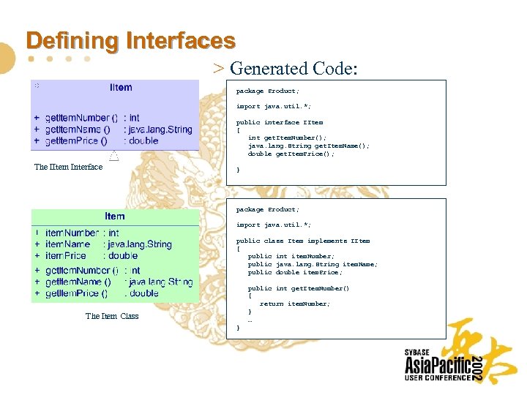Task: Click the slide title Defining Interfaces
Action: (x=130, y=40)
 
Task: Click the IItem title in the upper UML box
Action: (x=121, y=88)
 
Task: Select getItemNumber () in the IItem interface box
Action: (x=81, y=118)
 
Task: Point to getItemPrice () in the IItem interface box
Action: (x=76, y=141)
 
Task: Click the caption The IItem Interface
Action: (x=69, y=167)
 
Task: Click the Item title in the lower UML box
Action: (x=115, y=216)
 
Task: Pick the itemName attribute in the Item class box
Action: (x=67, y=244)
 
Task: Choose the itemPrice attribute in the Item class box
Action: (x=65, y=256)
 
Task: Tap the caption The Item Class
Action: (x=112, y=316)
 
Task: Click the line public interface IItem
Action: (x=280, y=122)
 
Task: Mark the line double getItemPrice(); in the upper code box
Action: (x=291, y=154)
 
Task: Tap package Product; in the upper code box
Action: (x=268, y=91)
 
